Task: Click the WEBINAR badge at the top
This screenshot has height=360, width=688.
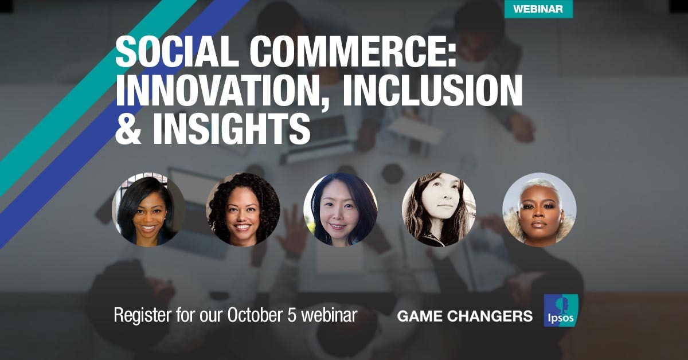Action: click(538, 9)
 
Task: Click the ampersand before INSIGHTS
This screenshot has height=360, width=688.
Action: click(128, 128)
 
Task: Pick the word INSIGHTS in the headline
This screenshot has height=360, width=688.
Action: click(231, 128)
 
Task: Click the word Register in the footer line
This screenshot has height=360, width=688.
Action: click(143, 315)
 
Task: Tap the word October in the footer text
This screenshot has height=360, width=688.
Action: click(256, 315)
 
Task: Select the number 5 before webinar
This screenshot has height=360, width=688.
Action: click(293, 315)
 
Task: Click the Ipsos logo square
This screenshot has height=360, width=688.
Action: click(561, 310)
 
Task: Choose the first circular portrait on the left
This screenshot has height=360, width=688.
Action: click(149, 209)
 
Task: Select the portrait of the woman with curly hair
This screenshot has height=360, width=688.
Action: click(243, 209)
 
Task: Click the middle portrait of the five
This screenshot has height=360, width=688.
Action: click(341, 209)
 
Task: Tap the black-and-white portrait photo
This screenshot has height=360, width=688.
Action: click(439, 209)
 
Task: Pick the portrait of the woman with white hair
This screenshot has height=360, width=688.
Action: click(540, 209)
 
